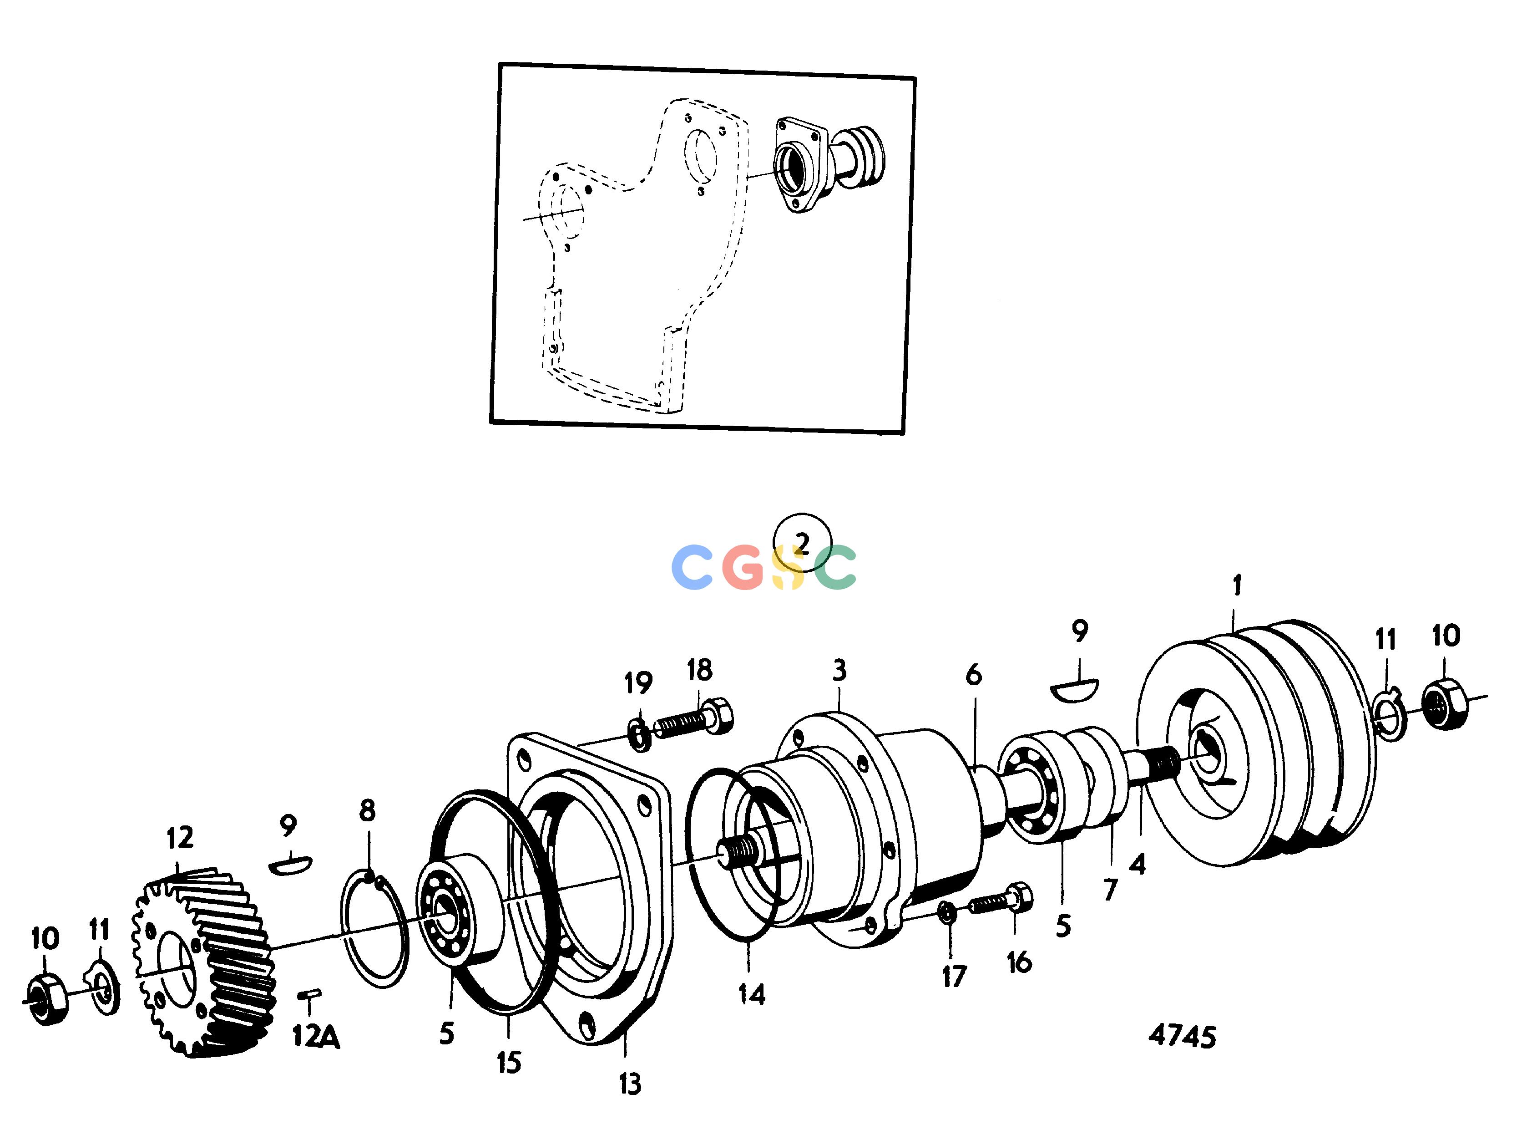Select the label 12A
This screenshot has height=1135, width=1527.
(x=316, y=1036)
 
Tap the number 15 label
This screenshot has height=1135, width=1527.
(x=509, y=1063)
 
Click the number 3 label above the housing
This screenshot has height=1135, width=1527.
(x=839, y=670)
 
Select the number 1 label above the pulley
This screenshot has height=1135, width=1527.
(x=1237, y=585)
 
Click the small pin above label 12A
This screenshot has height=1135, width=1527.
(x=310, y=993)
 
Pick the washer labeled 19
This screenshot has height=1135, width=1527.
(x=639, y=734)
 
